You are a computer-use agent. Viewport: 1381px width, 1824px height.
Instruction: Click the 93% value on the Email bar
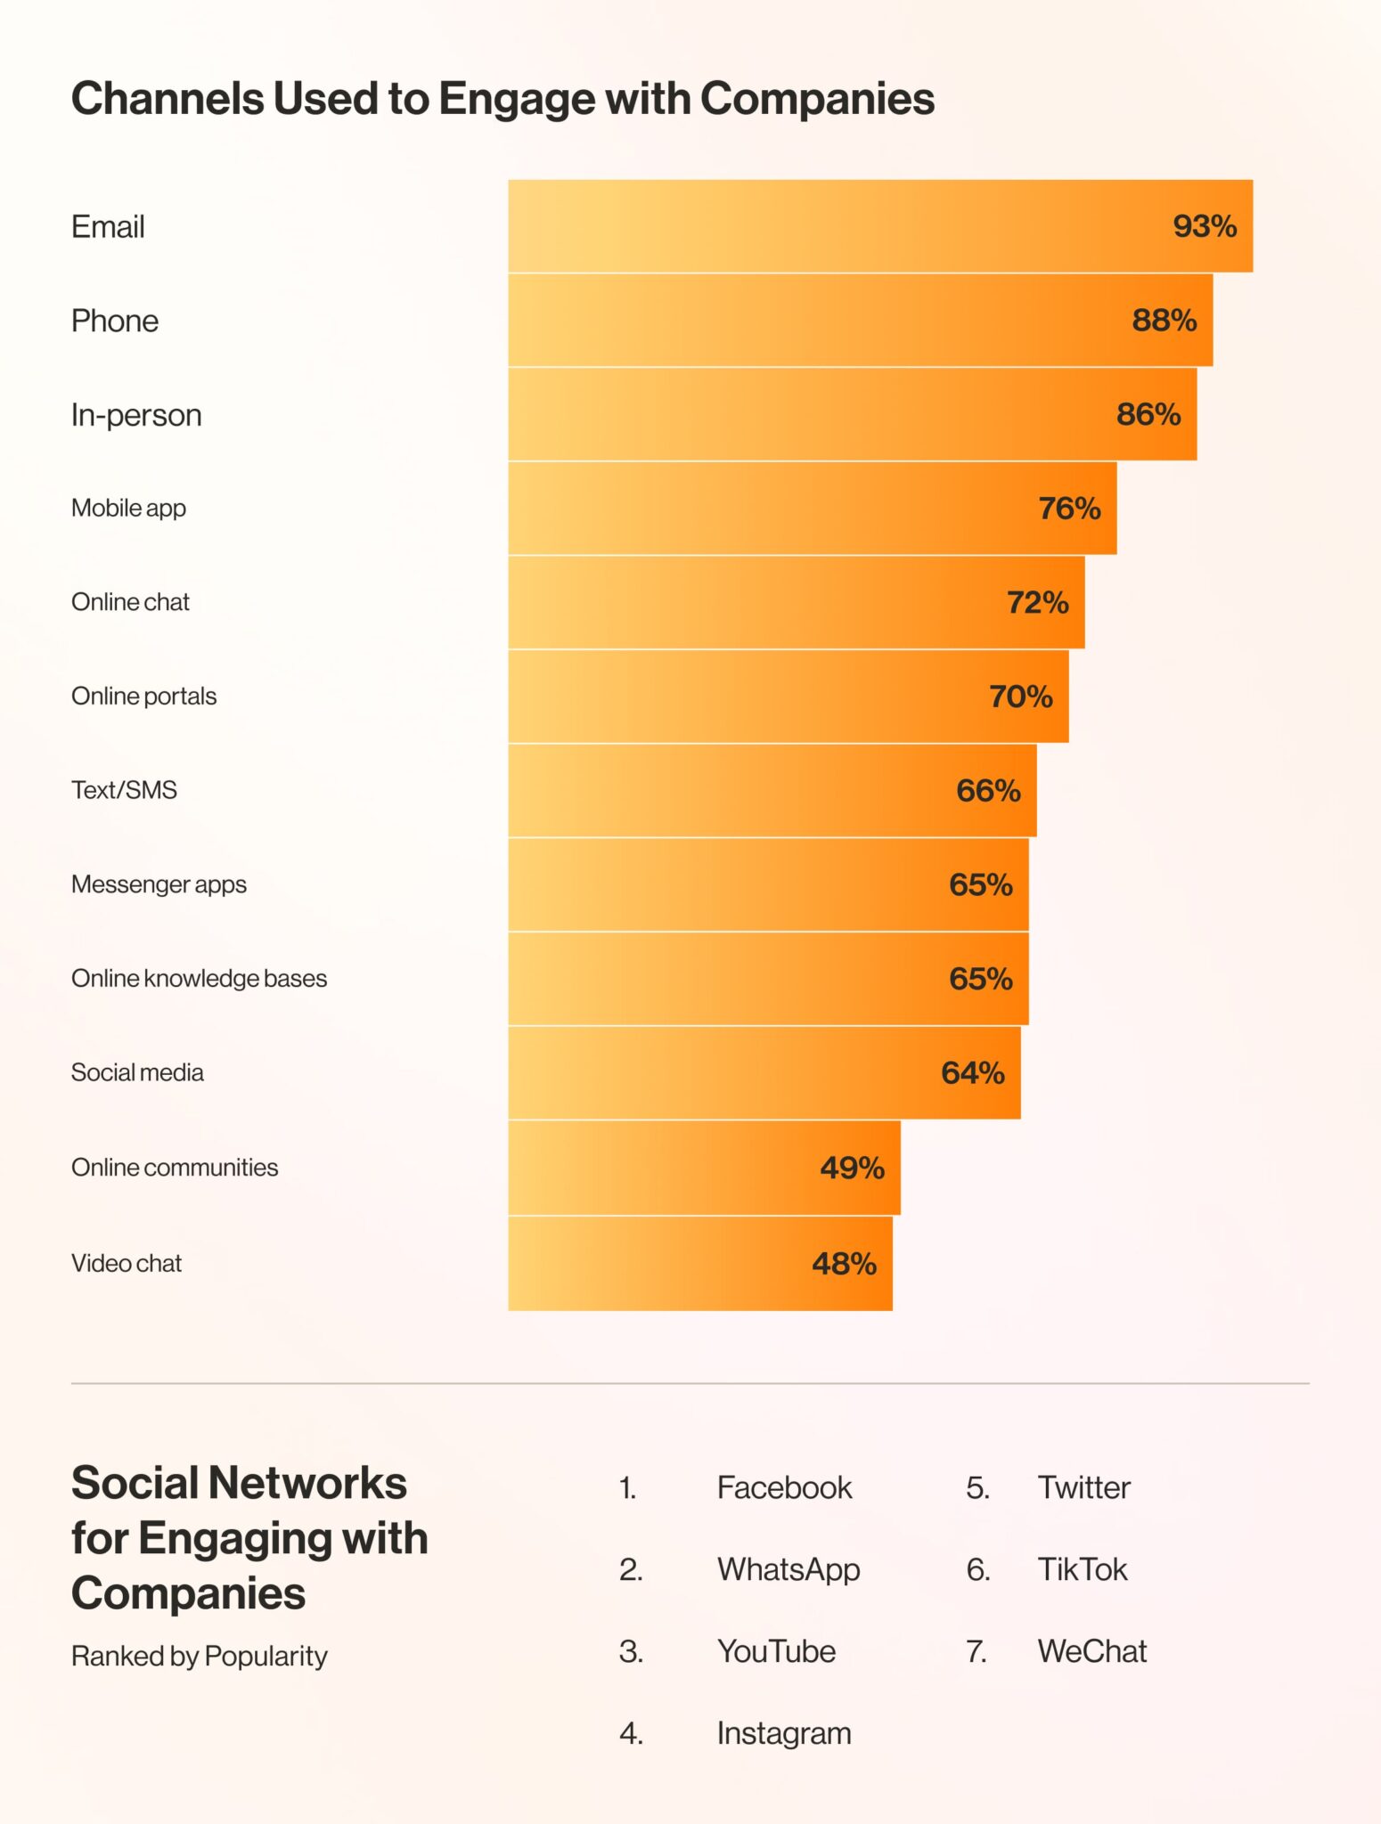1205,226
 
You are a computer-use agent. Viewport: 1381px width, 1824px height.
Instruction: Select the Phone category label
115,321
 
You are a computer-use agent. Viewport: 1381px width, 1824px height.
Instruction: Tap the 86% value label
1148,414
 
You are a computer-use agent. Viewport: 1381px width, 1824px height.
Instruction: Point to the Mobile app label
128,509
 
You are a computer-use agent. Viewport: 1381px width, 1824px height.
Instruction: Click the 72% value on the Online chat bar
1037,603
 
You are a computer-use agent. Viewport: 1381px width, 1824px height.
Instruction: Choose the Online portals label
143,696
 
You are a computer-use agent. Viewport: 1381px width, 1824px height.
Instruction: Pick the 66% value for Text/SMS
988,791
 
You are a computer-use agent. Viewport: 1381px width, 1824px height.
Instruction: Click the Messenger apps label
159,884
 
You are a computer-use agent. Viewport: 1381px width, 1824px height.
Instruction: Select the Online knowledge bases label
199,979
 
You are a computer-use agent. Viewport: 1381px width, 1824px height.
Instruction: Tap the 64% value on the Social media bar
973,1073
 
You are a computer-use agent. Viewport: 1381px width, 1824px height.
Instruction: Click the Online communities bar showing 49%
704,1168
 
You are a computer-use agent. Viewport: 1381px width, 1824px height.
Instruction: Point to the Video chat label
127,1264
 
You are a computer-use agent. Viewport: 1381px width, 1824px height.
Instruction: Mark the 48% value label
844,1264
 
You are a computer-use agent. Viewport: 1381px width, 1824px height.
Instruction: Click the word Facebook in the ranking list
784,1488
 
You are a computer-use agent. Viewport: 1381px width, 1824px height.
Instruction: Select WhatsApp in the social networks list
789,1570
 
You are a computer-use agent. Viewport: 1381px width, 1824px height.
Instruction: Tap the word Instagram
784,1734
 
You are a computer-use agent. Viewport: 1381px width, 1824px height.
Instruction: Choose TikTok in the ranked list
1083,1570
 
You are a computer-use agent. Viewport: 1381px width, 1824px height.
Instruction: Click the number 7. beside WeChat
977,1652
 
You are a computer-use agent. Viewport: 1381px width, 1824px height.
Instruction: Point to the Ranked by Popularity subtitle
200,1657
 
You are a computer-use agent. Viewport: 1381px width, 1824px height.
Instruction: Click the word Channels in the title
168,98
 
